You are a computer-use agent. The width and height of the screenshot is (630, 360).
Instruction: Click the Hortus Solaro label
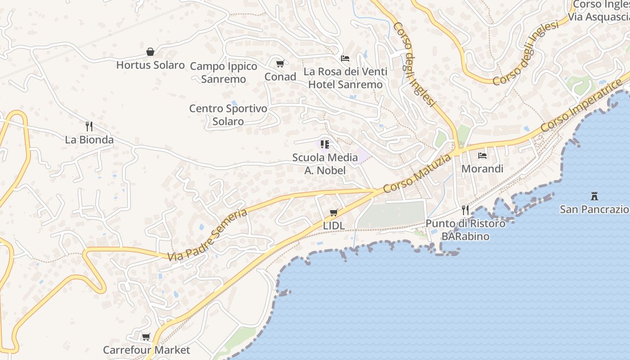[150, 65]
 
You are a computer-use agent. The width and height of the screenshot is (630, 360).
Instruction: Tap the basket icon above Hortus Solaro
[150, 52]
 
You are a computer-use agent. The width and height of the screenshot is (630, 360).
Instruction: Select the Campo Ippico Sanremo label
[224, 72]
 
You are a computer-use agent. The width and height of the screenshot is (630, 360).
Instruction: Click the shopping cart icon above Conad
[280, 64]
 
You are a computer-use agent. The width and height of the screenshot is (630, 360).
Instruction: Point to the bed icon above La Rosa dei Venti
[345, 58]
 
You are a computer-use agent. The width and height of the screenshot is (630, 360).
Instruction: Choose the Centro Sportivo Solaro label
[228, 115]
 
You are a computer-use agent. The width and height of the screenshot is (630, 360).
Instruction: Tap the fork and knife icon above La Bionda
[89, 126]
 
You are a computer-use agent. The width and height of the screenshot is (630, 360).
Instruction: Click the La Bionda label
[89, 139]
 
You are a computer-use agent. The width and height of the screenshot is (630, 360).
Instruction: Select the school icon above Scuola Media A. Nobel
[325, 144]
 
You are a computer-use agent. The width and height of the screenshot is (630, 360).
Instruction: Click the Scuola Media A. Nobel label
[325, 164]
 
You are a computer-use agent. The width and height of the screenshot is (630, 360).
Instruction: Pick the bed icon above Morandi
[482, 156]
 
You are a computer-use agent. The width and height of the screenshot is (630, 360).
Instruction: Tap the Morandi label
[482, 169]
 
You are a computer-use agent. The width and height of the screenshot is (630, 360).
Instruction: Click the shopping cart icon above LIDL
[333, 212]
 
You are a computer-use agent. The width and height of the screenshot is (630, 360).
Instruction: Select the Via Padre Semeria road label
[208, 235]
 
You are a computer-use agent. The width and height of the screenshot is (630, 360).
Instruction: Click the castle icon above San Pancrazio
[594, 196]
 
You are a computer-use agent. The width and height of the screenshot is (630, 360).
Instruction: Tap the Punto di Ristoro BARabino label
[465, 229]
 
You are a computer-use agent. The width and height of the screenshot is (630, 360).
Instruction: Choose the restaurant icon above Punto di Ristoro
[465, 210]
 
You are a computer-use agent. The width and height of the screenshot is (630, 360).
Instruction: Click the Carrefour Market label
[146, 350]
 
